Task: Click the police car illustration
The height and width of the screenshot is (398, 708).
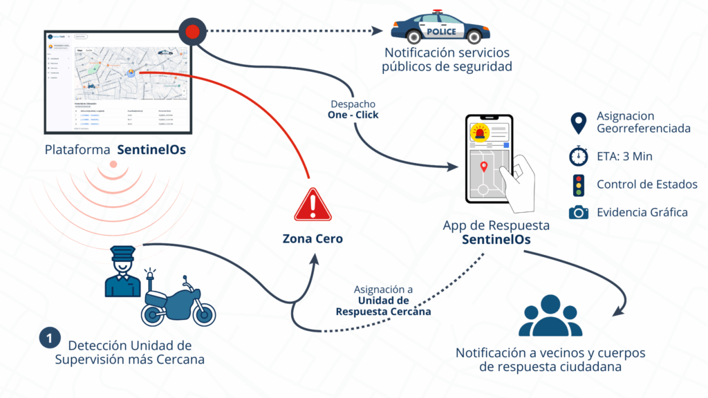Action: pyautogui.click(x=436, y=28)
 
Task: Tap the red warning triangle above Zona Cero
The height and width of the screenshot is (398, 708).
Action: pyautogui.click(x=313, y=205)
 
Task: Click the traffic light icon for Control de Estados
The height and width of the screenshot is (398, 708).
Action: pyautogui.click(x=578, y=184)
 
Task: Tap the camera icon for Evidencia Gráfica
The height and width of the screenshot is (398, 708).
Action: pyautogui.click(x=578, y=212)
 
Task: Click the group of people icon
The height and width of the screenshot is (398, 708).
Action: pyautogui.click(x=550, y=316)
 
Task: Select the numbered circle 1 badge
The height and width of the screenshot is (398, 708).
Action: pyautogui.click(x=48, y=339)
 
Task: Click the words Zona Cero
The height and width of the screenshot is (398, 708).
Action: pyautogui.click(x=313, y=239)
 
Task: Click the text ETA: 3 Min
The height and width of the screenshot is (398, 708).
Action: pyautogui.click(x=624, y=156)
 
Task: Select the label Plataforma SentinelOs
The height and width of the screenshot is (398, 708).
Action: pyautogui.click(x=115, y=150)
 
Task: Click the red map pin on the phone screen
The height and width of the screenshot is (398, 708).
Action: pyautogui.click(x=484, y=167)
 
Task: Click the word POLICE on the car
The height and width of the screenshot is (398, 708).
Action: pyautogui.click(x=441, y=31)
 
